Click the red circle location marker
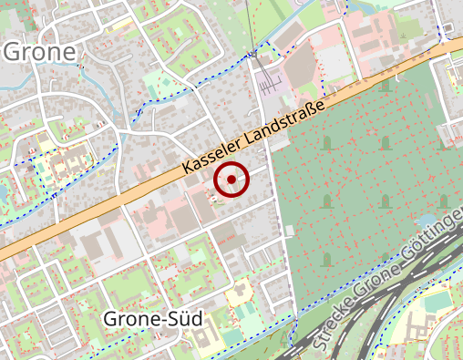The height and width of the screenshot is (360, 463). pos(231,180)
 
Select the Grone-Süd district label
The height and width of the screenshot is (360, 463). pos(152,319)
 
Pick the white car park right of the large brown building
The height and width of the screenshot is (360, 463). pos(332,61)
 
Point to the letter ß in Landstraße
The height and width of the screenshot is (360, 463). pos(313,112)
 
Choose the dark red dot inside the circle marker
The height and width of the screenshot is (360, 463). pos(231,180)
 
